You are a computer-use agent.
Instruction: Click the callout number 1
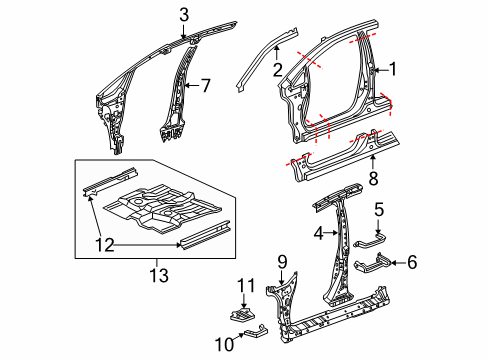pos(393,69)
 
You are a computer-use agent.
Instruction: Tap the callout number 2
pos(278,70)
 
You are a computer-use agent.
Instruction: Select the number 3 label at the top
pos(184,15)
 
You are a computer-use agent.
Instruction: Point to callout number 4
pos(319,233)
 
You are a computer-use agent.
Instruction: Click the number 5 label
pos(379,210)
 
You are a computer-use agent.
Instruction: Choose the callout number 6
pos(412,262)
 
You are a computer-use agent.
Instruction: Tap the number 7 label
pos(206,86)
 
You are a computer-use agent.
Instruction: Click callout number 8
pos(373,178)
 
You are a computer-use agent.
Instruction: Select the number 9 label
pos(282,262)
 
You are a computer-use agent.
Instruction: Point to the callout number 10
pos(224,344)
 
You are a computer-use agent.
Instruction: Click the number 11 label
pos(246,286)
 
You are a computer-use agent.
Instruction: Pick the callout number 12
pos(105,245)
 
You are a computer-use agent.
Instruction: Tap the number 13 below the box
pos(159,276)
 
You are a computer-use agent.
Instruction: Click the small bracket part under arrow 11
pos(243,315)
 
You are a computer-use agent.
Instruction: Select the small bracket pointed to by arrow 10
pos(256,332)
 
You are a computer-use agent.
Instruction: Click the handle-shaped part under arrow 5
pos(370,241)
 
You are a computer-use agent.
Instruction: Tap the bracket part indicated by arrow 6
pos(372,264)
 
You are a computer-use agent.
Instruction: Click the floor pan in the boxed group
pos(162,209)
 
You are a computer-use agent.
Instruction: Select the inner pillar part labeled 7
pos(178,95)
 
